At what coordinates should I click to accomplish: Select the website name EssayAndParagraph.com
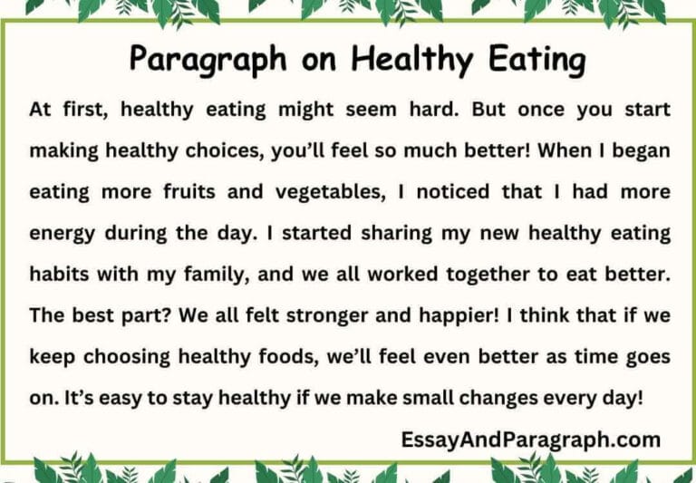[530, 441]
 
